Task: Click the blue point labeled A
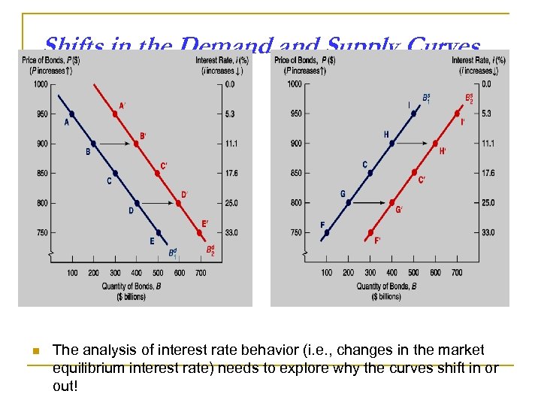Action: [x=72, y=114]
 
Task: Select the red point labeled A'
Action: [x=115, y=114]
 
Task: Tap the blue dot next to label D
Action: [x=137, y=203]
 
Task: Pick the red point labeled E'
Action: [x=200, y=232]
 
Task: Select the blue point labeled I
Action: [x=414, y=114]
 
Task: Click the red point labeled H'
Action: [x=436, y=144]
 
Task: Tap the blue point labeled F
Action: [x=327, y=232]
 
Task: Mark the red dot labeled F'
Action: [x=370, y=232]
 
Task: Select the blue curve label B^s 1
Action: [x=426, y=98]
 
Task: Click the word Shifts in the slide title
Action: [x=71, y=46]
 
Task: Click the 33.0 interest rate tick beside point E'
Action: [x=231, y=233]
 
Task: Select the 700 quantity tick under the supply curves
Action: [x=457, y=272]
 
